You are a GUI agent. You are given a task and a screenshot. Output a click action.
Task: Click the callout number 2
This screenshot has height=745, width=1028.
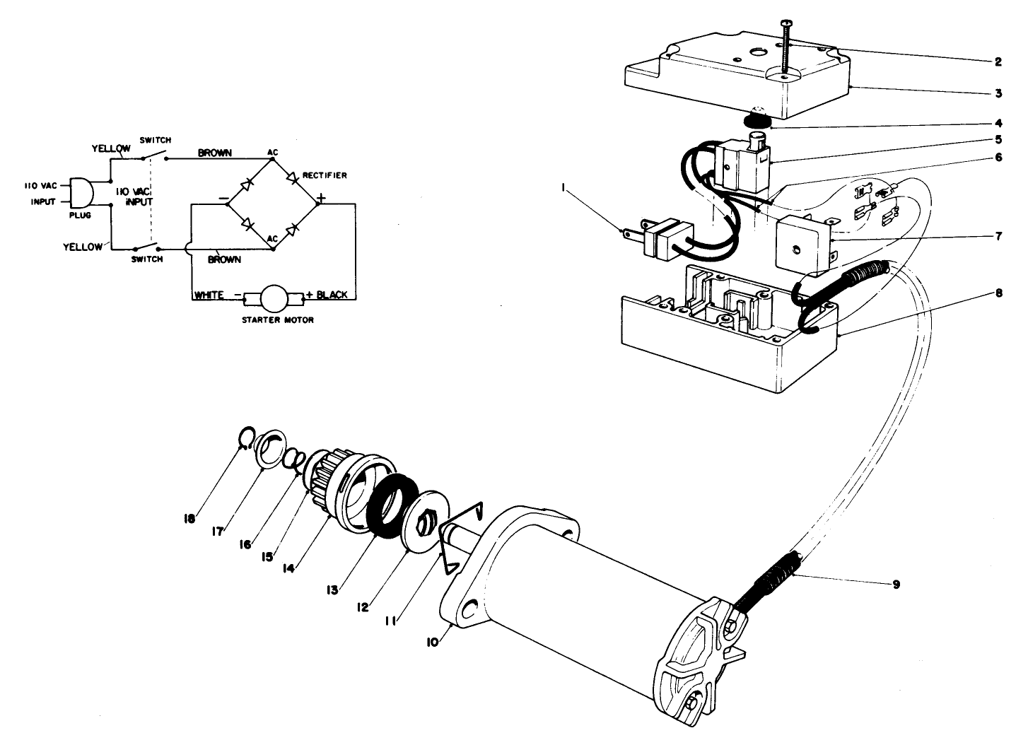tap(998, 62)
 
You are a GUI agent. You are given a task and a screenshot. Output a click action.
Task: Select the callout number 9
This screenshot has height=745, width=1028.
tap(896, 585)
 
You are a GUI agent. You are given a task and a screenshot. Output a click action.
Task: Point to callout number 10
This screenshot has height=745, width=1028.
tap(432, 642)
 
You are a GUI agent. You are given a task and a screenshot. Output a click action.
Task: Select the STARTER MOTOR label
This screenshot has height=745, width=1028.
tap(275, 320)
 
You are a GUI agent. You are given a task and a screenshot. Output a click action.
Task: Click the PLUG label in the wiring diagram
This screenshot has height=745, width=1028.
tap(81, 215)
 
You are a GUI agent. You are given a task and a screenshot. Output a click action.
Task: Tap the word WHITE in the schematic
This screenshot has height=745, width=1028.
tap(209, 295)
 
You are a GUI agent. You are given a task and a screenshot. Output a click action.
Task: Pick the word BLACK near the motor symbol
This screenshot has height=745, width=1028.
tap(332, 295)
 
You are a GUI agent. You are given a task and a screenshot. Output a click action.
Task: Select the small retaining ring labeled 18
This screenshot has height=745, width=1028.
tap(244, 440)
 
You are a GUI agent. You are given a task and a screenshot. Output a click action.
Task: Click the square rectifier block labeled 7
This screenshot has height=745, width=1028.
tap(804, 245)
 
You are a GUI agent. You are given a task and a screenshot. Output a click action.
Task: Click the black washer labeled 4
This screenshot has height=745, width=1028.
tap(759, 120)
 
